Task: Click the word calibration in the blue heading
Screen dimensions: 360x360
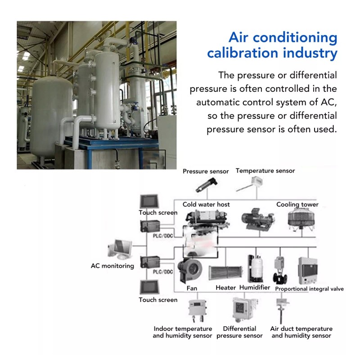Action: [243, 53]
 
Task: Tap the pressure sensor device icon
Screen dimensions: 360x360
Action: [207, 184]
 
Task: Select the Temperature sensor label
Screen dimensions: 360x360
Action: [265, 171]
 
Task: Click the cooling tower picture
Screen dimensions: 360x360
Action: [301, 220]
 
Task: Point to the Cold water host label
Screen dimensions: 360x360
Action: [206, 204]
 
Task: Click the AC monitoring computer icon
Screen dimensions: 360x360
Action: [120, 250]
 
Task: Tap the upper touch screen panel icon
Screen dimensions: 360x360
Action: [149, 201]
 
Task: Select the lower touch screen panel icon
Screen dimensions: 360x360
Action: [149, 287]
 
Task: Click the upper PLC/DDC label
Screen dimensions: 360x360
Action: [163, 236]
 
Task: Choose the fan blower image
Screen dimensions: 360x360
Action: [190, 271]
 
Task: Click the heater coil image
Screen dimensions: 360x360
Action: [225, 273]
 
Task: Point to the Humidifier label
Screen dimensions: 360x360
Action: [255, 288]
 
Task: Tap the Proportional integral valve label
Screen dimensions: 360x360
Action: [309, 289]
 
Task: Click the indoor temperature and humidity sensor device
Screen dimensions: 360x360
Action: [196, 309]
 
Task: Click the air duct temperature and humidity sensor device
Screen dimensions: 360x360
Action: [282, 310]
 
